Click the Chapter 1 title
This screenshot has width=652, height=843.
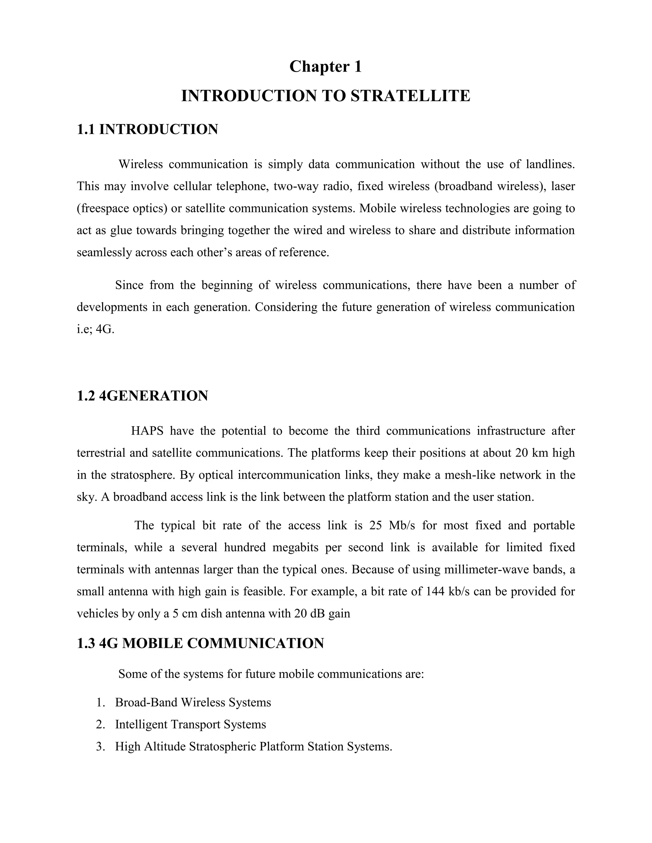click(326, 66)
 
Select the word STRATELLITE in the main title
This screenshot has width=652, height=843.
click(410, 96)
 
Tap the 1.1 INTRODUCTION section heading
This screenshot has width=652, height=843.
click(147, 129)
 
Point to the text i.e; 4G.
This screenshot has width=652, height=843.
click(96, 329)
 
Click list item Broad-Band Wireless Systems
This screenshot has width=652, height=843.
click(193, 702)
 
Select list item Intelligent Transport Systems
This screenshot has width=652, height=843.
click(190, 724)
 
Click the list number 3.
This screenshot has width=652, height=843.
click(100, 747)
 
